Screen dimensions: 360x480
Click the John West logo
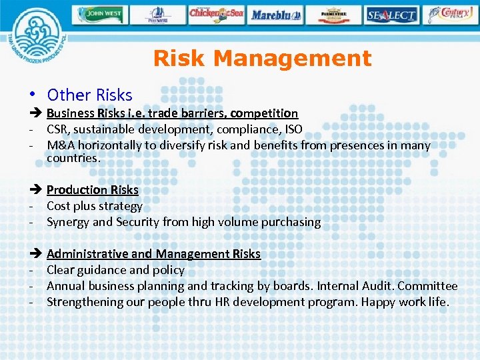pyautogui.click(x=100, y=14)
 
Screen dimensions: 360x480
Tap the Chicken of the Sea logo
pyautogui.click(x=216, y=14)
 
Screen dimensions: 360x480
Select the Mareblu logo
pyautogui.click(x=276, y=14)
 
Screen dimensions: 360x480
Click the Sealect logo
pyautogui.click(x=391, y=14)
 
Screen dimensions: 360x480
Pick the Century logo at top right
pyautogui.click(x=452, y=14)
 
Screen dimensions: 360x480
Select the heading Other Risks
pyautogui.click(x=89, y=95)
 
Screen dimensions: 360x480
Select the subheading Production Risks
pyautogui.click(x=92, y=190)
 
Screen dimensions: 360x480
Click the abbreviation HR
pyautogui.click(x=223, y=302)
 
